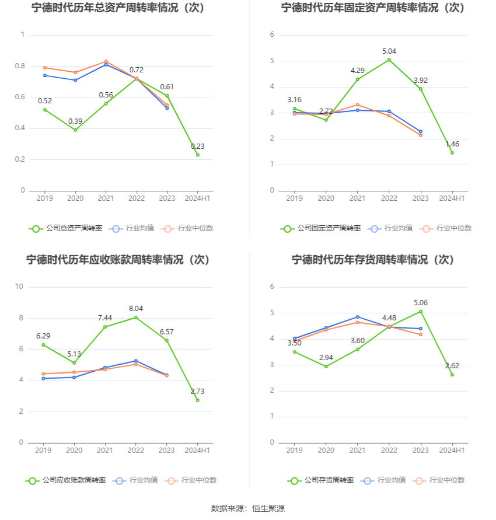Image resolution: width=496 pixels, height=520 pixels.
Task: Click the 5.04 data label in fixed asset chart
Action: point(389,51)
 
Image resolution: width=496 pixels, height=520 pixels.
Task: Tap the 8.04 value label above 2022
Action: point(136,308)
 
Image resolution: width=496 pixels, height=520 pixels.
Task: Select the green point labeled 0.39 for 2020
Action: point(75,130)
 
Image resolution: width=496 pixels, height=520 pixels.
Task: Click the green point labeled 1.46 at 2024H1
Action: point(452,153)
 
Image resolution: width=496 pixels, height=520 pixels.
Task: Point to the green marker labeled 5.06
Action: point(420,312)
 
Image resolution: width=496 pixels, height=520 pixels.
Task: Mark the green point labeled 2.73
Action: point(197,400)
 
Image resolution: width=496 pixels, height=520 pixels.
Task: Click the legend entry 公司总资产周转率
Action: point(65,228)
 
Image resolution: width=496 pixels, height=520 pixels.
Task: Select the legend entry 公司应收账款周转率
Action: point(66,480)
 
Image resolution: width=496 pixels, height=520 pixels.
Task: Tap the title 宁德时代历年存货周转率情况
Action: point(372,260)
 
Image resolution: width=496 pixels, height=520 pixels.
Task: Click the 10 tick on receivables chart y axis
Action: point(19,287)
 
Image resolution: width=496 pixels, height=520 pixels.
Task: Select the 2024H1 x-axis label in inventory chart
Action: point(452,451)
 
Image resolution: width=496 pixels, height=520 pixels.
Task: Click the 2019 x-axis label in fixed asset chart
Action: point(295,198)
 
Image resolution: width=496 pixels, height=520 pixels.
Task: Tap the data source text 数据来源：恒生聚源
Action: point(247,508)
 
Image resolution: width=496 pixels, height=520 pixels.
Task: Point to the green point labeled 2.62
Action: point(452,375)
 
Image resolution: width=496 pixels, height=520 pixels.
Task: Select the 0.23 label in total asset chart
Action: point(197,146)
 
